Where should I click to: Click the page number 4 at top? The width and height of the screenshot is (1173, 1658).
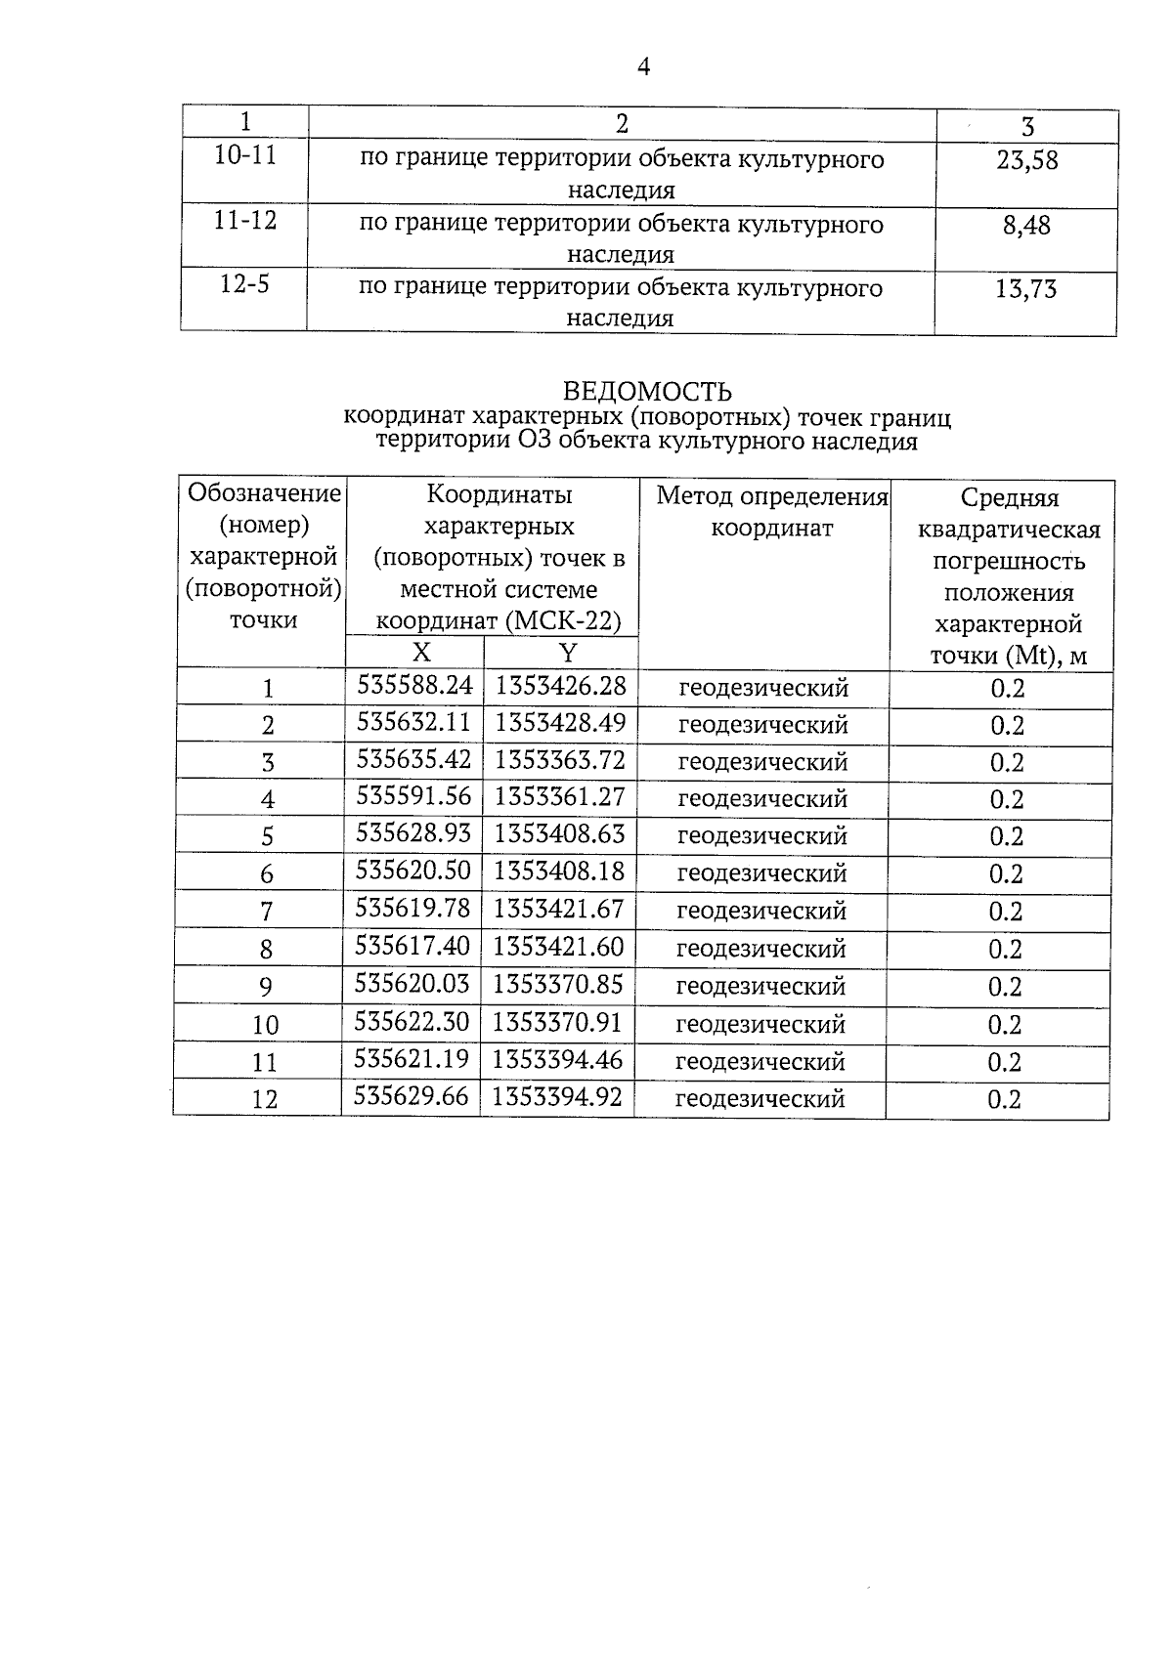(643, 66)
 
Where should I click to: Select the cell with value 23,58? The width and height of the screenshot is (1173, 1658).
(1026, 160)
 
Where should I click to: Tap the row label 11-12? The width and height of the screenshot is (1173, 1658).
(245, 221)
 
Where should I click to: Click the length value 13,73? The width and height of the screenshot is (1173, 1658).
(1025, 289)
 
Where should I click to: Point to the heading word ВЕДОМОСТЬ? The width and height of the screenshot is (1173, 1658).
(647, 392)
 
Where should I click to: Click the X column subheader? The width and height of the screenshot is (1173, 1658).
(420, 653)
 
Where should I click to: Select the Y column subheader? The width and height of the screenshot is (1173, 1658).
(567, 653)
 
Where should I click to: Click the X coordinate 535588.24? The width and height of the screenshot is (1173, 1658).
(414, 686)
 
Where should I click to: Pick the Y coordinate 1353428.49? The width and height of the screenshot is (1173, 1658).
(560, 723)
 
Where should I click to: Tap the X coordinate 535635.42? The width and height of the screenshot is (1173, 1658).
(414, 760)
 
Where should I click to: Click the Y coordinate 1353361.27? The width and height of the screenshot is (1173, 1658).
(559, 797)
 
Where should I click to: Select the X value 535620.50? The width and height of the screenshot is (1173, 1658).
(413, 872)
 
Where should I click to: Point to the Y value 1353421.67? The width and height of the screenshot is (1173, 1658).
(558, 910)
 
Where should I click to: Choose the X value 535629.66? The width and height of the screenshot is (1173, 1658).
(412, 1097)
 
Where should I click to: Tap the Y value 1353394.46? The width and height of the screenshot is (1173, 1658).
(557, 1060)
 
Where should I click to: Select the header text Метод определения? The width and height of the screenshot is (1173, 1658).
(771, 497)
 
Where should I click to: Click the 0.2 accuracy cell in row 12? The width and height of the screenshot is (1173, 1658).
(1004, 1099)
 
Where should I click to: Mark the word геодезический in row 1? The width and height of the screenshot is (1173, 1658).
(763, 688)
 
